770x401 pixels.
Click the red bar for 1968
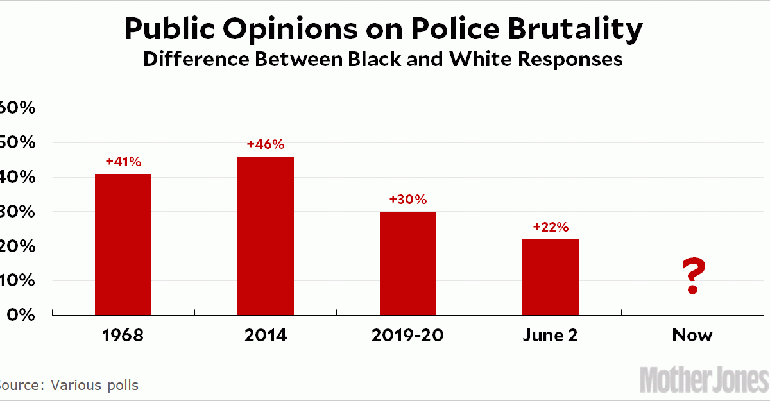click(x=123, y=244)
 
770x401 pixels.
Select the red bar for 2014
click(x=266, y=236)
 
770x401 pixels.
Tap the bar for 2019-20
click(x=408, y=264)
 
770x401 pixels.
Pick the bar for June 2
click(x=551, y=277)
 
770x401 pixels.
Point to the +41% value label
click(x=123, y=162)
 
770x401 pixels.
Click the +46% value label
click(x=266, y=144)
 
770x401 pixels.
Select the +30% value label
click(x=408, y=200)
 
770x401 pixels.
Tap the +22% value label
click(x=551, y=227)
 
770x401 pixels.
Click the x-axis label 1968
click(x=123, y=336)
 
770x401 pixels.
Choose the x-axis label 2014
click(x=266, y=336)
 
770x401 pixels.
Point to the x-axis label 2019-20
click(x=408, y=336)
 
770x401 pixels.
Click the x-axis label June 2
click(x=551, y=336)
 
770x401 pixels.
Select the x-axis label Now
click(x=692, y=336)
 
